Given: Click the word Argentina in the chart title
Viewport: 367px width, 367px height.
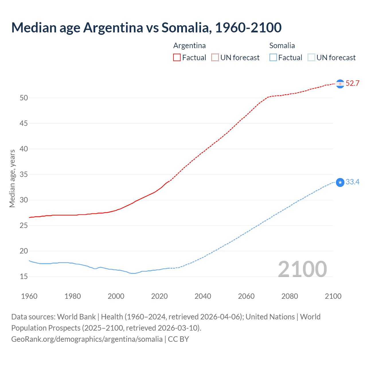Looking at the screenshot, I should (x=113, y=28).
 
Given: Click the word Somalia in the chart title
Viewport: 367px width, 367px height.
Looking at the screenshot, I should (x=186, y=28).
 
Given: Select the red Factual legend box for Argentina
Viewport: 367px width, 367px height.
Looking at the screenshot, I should (x=177, y=57).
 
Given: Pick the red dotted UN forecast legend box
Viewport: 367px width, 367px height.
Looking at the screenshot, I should (x=215, y=57).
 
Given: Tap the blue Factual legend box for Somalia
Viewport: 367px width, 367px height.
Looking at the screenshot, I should (x=273, y=57).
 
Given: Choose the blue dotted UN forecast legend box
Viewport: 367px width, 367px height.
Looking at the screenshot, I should (x=311, y=57).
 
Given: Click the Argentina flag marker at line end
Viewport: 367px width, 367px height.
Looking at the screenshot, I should (x=340, y=84).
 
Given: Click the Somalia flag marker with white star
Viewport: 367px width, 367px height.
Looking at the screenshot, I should (x=340, y=182).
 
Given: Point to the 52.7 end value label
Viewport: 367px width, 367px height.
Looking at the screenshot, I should (x=352, y=83).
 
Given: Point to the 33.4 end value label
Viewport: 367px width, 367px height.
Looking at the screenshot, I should (x=352, y=182).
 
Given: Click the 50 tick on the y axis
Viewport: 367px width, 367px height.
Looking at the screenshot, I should (x=24, y=98).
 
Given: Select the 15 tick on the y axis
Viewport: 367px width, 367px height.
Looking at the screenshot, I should (x=24, y=276).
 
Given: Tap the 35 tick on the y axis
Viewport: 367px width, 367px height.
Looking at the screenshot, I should (x=24, y=174).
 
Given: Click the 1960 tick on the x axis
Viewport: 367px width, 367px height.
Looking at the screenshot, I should (x=29, y=296).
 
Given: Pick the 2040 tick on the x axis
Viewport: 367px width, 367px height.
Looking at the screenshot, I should (x=203, y=296).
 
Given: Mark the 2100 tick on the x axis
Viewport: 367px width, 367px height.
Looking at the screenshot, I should (x=333, y=296).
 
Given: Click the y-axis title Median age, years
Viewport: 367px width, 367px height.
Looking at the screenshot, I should (x=12, y=178).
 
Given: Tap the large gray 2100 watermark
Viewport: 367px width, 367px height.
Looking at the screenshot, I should (x=302, y=269).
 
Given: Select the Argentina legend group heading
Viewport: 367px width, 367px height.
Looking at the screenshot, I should (x=190, y=46).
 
